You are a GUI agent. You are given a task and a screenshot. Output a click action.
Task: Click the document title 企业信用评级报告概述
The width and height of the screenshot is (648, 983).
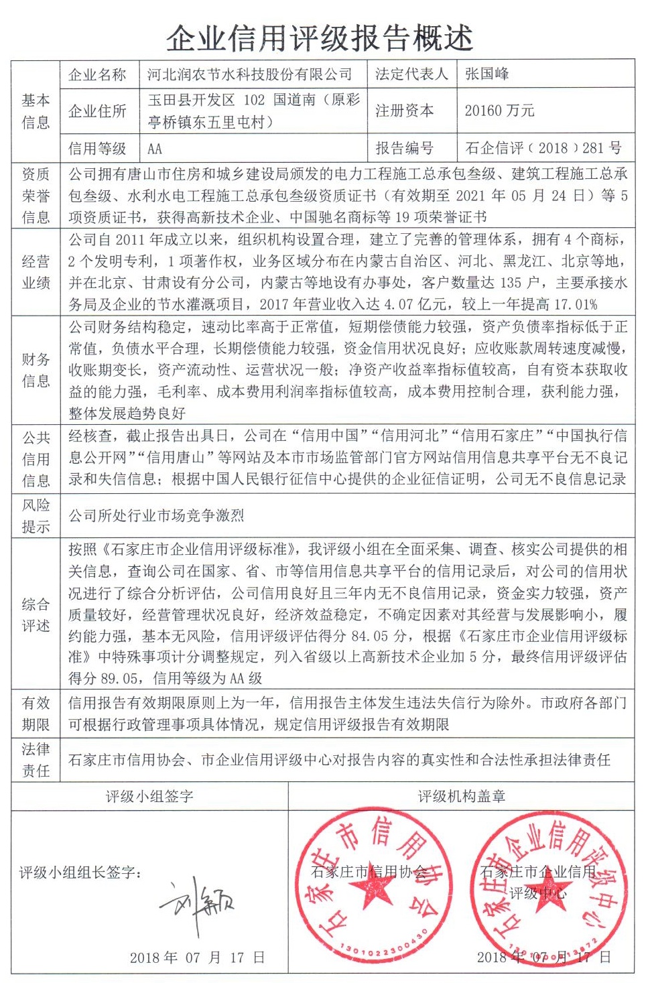click(320, 38)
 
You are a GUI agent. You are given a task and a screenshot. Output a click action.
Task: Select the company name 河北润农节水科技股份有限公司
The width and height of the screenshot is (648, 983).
click(249, 74)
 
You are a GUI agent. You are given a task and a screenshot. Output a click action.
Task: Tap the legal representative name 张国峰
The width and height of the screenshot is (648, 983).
click(487, 74)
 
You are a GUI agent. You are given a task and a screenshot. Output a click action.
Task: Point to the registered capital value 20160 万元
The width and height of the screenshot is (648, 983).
click(499, 111)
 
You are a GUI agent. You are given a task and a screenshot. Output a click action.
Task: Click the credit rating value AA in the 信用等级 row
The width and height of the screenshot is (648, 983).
click(155, 149)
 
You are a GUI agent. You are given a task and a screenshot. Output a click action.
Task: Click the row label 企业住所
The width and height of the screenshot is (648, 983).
click(97, 111)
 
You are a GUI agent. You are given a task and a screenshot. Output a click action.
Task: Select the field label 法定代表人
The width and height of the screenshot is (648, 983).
click(411, 74)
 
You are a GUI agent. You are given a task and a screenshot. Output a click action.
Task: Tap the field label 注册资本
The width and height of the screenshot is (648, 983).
click(404, 111)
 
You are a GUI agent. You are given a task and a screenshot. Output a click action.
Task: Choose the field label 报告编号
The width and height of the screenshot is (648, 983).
click(404, 148)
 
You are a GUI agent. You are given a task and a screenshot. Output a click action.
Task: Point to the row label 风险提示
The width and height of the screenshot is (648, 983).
click(36, 515)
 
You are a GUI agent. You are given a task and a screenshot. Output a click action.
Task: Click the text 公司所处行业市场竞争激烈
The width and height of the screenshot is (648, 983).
click(156, 515)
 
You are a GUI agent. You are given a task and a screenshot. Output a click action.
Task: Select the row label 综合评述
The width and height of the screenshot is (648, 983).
click(36, 614)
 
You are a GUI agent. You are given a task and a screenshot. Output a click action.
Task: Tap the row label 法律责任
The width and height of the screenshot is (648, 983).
click(36, 759)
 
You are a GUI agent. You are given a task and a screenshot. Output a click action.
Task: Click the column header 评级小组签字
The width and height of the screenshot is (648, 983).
click(149, 796)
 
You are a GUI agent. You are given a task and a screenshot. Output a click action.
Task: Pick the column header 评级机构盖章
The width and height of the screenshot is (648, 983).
click(462, 796)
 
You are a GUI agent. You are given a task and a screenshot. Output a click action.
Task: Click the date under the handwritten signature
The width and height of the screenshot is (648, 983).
click(198, 958)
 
